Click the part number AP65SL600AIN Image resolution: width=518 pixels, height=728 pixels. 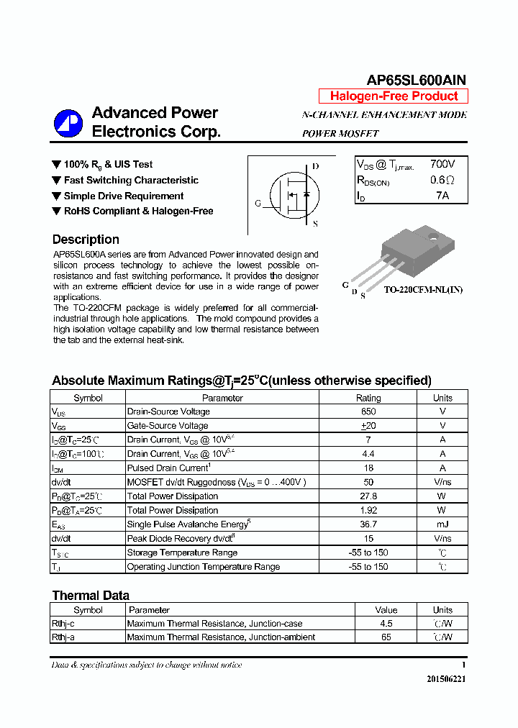417,80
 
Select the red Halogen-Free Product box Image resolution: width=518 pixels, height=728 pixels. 394,96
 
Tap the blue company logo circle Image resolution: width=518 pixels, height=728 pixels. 68,123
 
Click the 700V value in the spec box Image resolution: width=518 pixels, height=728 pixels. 442,165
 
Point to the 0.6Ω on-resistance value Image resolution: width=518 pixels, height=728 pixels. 442,181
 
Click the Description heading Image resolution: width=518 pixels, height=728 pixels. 86,240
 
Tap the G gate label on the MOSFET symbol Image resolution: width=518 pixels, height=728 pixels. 258,204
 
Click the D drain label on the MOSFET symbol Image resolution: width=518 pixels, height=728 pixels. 315,166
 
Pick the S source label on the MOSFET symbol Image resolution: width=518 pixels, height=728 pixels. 315,224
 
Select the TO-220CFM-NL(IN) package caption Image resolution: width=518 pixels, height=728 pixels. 422,290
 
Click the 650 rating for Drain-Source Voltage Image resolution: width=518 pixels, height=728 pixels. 368,411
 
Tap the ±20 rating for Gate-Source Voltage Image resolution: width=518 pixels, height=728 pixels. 368,426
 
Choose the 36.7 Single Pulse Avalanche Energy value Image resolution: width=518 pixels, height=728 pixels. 368,524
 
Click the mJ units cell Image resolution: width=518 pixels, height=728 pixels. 442,524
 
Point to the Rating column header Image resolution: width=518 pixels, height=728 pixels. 368,398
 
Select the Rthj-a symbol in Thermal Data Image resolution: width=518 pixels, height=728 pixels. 63,637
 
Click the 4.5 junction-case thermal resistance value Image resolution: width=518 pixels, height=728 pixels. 386,624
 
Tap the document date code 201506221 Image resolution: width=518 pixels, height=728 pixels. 446,679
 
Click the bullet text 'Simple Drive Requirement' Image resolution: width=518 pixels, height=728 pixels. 123,196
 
